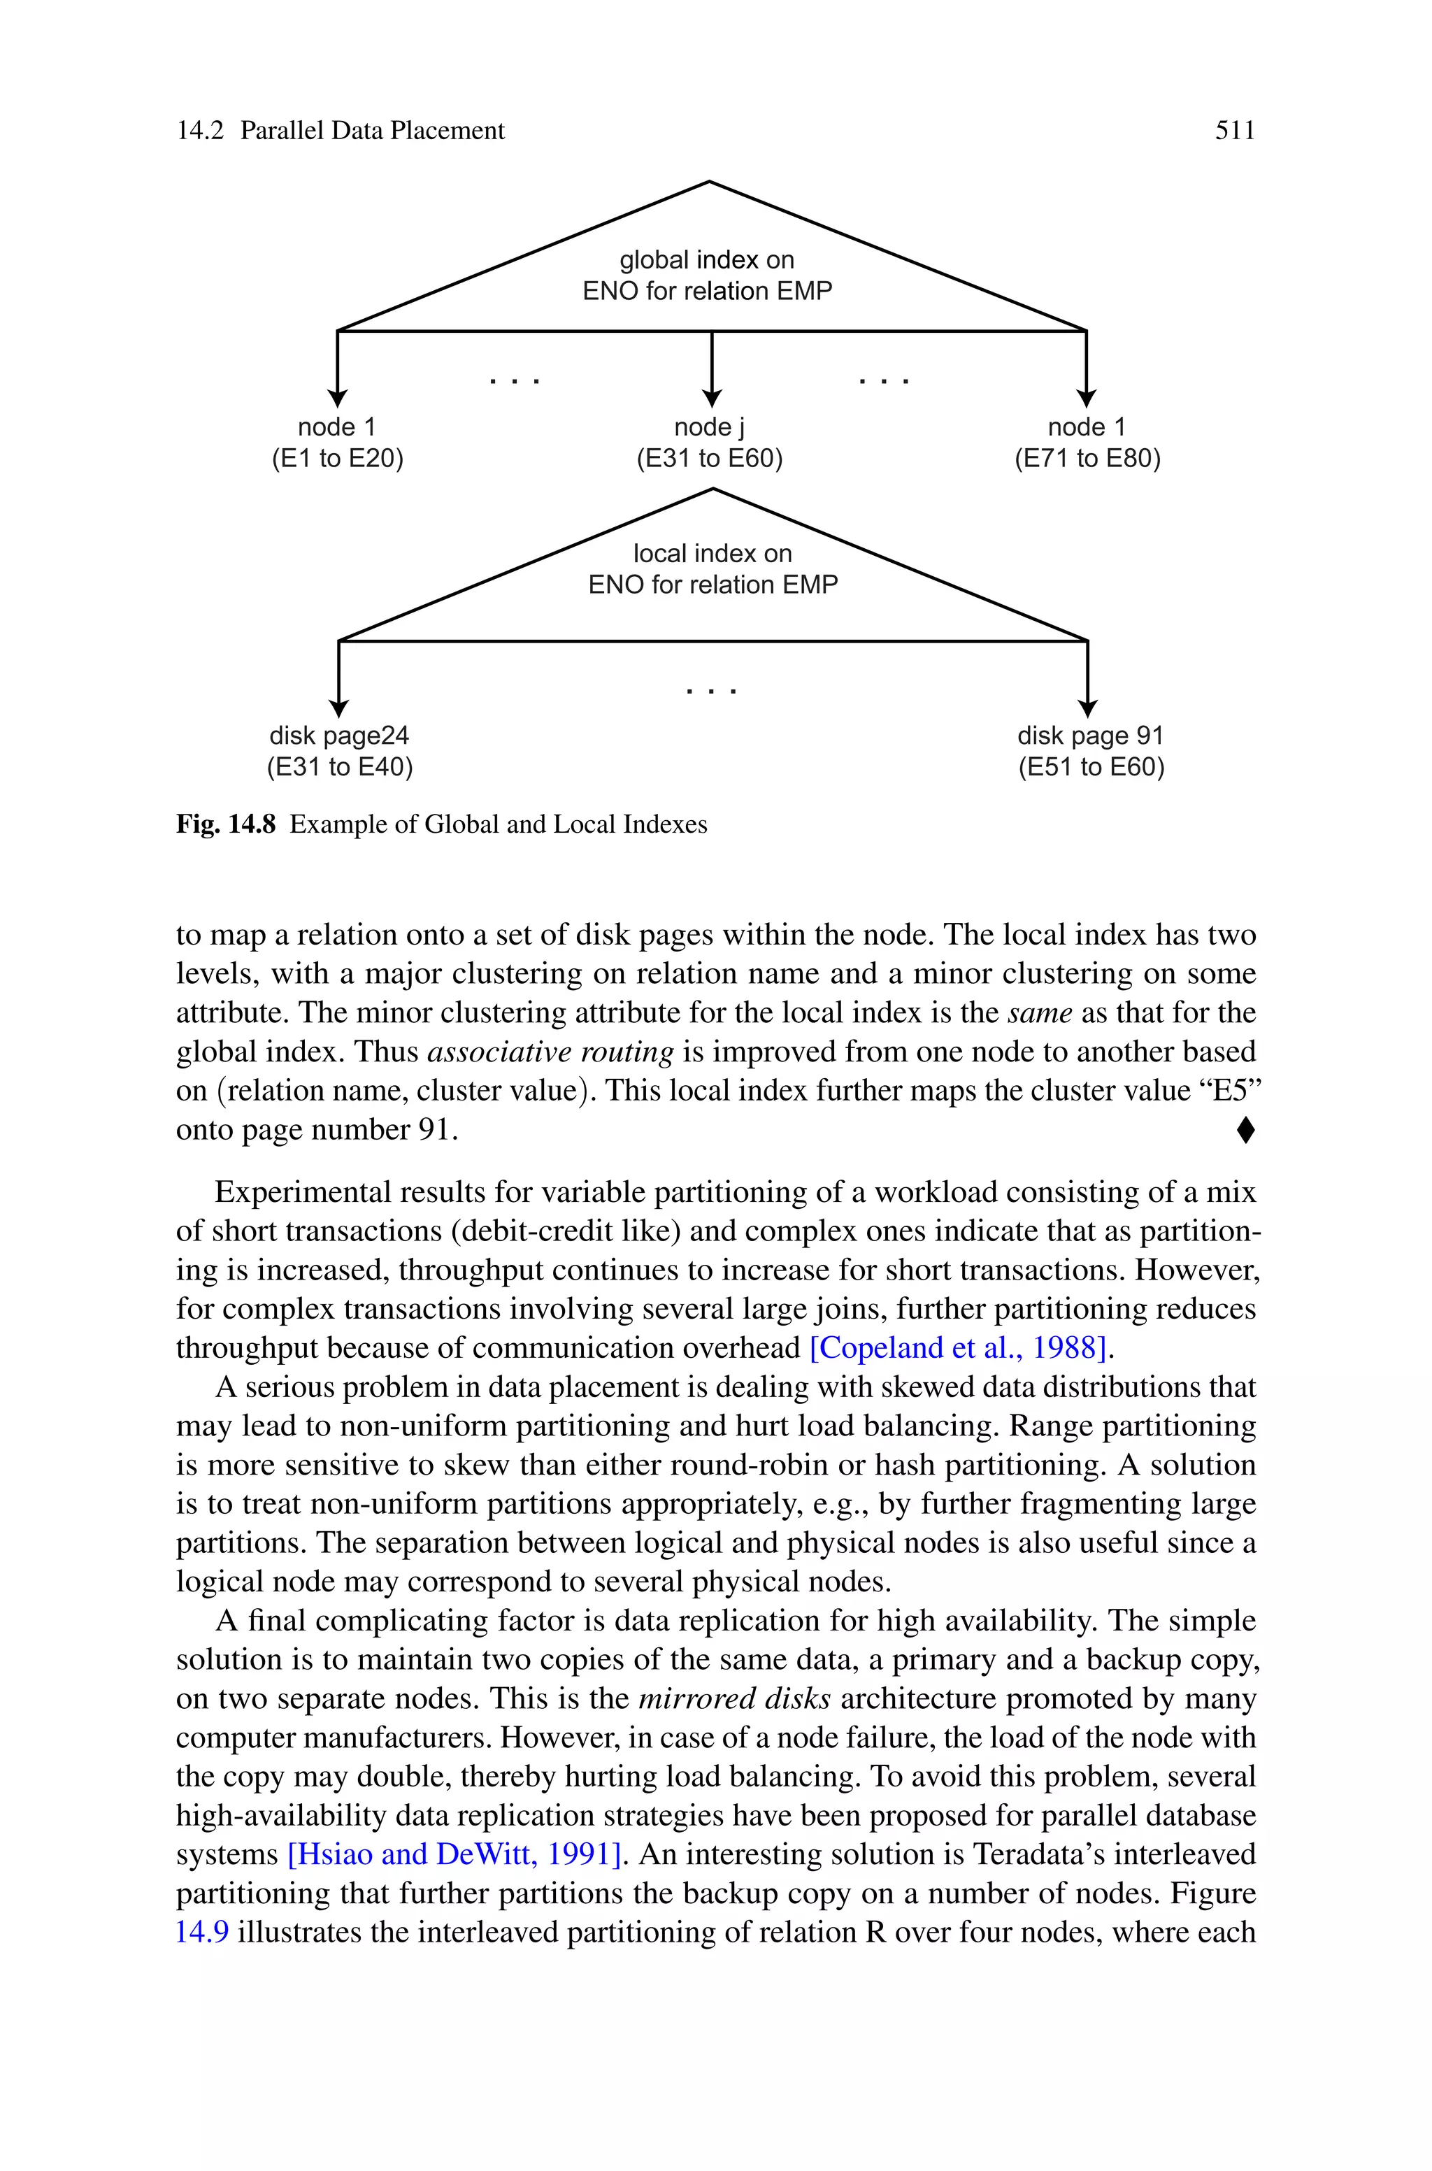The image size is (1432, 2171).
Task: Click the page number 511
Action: coord(1235,131)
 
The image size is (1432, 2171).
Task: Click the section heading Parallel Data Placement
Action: coord(372,131)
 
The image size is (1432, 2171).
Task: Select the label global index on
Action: coord(707,260)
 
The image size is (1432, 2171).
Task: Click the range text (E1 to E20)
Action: coord(337,458)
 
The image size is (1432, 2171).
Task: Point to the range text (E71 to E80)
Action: coord(1087,458)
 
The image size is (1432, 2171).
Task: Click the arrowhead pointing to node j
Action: coord(711,398)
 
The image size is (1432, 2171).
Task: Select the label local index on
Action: coord(713,553)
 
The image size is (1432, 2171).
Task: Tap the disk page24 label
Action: coord(339,736)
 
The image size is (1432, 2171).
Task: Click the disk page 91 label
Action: coord(1091,736)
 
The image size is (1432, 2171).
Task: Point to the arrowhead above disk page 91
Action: coord(1087,708)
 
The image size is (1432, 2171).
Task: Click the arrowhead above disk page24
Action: coord(339,708)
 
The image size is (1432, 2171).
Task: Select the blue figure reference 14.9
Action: coord(202,1932)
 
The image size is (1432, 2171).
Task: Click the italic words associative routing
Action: coord(550,1052)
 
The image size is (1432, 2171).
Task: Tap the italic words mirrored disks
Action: coord(734,1698)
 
